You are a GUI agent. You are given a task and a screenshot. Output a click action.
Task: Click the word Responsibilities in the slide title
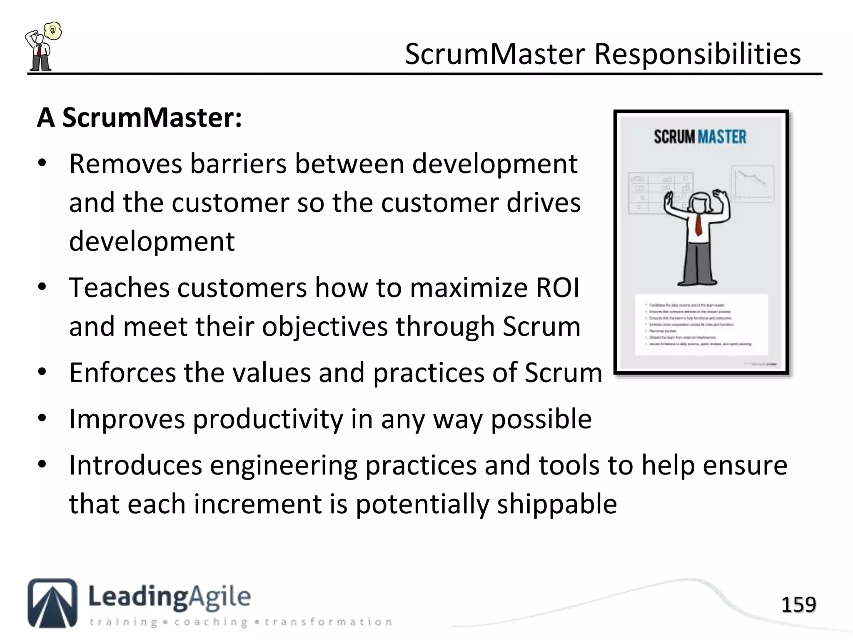(697, 55)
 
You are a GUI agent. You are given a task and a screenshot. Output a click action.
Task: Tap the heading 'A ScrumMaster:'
(140, 118)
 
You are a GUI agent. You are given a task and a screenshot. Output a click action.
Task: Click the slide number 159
(798, 605)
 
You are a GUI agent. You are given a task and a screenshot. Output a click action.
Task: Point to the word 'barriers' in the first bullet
(238, 164)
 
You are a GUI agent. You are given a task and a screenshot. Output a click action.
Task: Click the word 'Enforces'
(122, 372)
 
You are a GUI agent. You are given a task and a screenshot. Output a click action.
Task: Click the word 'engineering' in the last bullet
(283, 465)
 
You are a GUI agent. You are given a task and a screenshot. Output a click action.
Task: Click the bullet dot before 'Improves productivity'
(42, 419)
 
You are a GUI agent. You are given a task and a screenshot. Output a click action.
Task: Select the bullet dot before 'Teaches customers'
(42, 287)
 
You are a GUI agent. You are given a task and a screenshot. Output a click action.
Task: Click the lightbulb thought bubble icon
(53, 30)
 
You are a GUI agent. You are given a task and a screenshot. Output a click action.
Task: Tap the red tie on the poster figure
(698, 225)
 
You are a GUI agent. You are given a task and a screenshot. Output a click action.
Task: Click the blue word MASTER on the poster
(722, 137)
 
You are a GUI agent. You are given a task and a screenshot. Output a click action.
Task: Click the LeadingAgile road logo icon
(52, 602)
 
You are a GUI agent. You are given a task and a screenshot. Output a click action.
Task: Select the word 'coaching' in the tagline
(211, 622)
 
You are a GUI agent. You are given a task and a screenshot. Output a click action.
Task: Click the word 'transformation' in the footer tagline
(328, 622)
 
